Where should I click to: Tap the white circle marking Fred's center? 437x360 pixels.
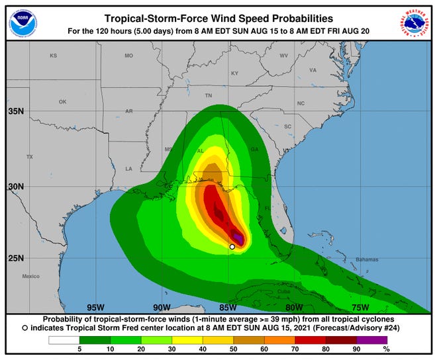pos(232,246)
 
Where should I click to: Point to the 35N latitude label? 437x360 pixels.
pos(16,111)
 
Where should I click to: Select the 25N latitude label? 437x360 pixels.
pos(16,257)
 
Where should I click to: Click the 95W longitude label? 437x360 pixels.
pos(95,307)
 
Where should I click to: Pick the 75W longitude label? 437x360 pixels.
pos(360,307)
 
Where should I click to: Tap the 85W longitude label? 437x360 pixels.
pos(228,307)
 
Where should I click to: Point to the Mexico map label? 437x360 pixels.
pos(30,276)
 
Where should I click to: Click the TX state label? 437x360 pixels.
pos(29,157)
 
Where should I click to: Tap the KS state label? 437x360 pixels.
pos(54,56)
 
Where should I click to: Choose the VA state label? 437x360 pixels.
pos(313,69)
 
